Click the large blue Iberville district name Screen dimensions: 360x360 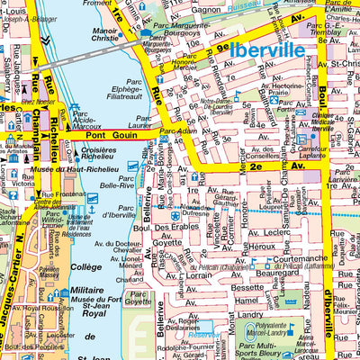[268, 51]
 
